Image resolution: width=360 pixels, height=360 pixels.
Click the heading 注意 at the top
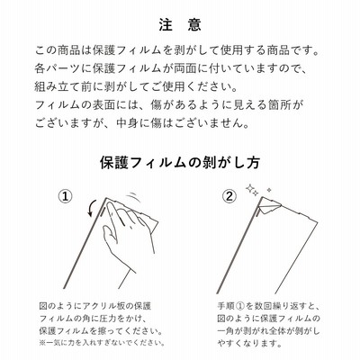180,25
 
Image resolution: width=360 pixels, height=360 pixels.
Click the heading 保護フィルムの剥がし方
180,162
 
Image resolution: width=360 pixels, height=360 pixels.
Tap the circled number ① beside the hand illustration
65,197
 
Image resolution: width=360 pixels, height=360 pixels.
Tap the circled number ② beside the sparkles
229,196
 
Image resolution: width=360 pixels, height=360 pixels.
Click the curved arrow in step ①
92,209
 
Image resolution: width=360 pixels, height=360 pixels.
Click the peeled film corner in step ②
269,206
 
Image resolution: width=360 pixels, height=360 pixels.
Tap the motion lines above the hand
133,199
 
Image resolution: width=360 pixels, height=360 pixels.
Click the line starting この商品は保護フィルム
177,50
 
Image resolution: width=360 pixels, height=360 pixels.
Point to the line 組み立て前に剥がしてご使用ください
137,87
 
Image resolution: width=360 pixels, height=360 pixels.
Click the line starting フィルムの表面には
169,105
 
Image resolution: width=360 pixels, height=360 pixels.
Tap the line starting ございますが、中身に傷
142,123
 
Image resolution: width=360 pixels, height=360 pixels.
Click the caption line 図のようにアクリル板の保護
95,306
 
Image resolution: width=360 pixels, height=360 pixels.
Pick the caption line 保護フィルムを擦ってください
101,330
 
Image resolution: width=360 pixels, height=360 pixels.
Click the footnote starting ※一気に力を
102,342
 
